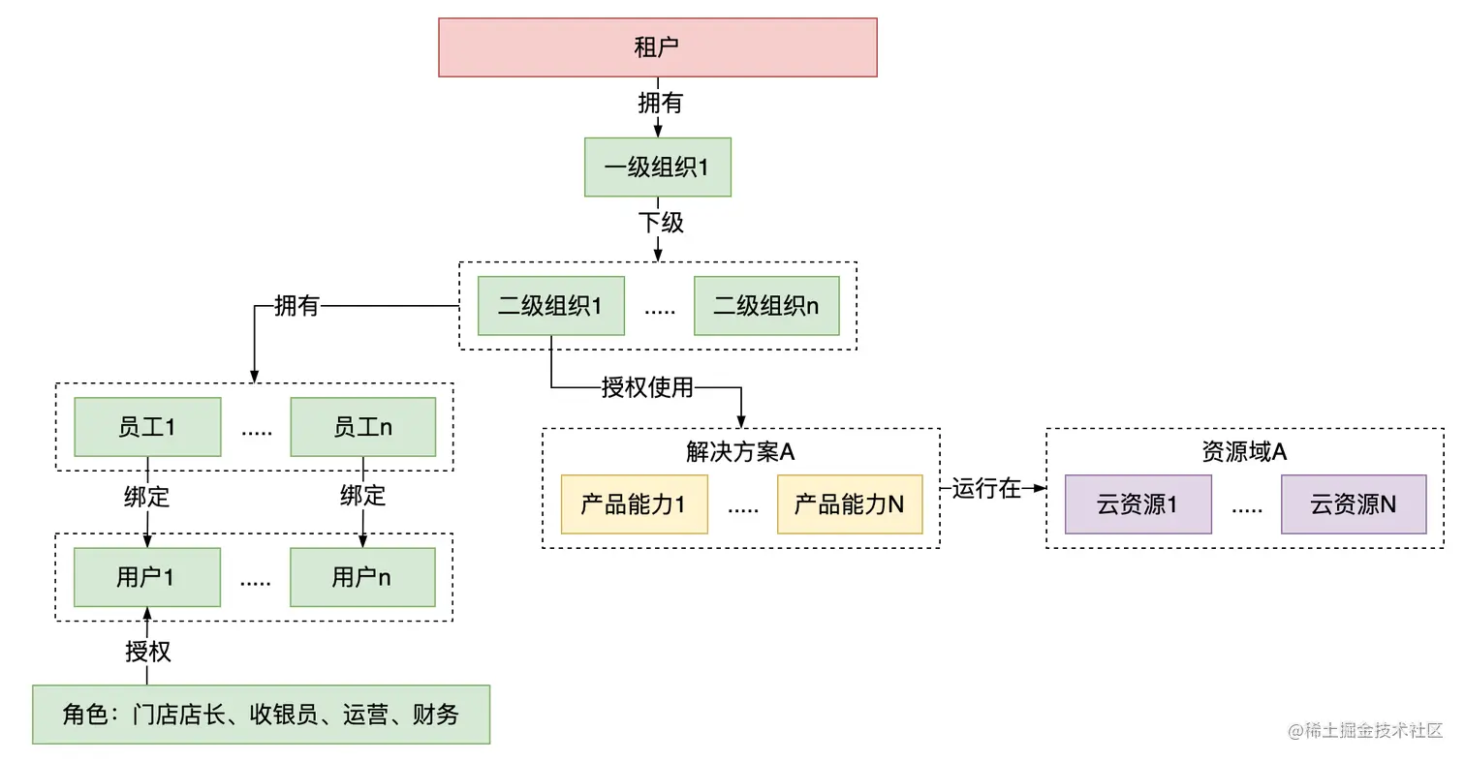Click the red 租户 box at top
(657, 47)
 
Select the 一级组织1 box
(657, 168)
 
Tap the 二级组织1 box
(551, 307)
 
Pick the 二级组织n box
(766, 307)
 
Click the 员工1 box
(147, 427)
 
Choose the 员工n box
(362, 427)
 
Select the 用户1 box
(147, 578)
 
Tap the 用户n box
(362, 578)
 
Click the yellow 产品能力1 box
(634, 504)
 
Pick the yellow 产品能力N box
(850, 504)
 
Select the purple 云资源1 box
(1138, 504)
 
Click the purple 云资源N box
(1354, 504)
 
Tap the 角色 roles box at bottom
(261, 715)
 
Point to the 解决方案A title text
(740, 452)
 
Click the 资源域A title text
(1244, 452)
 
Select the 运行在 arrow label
(986, 489)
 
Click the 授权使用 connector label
(647, 388)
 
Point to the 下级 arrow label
(661, 223)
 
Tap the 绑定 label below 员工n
(362, 497)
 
